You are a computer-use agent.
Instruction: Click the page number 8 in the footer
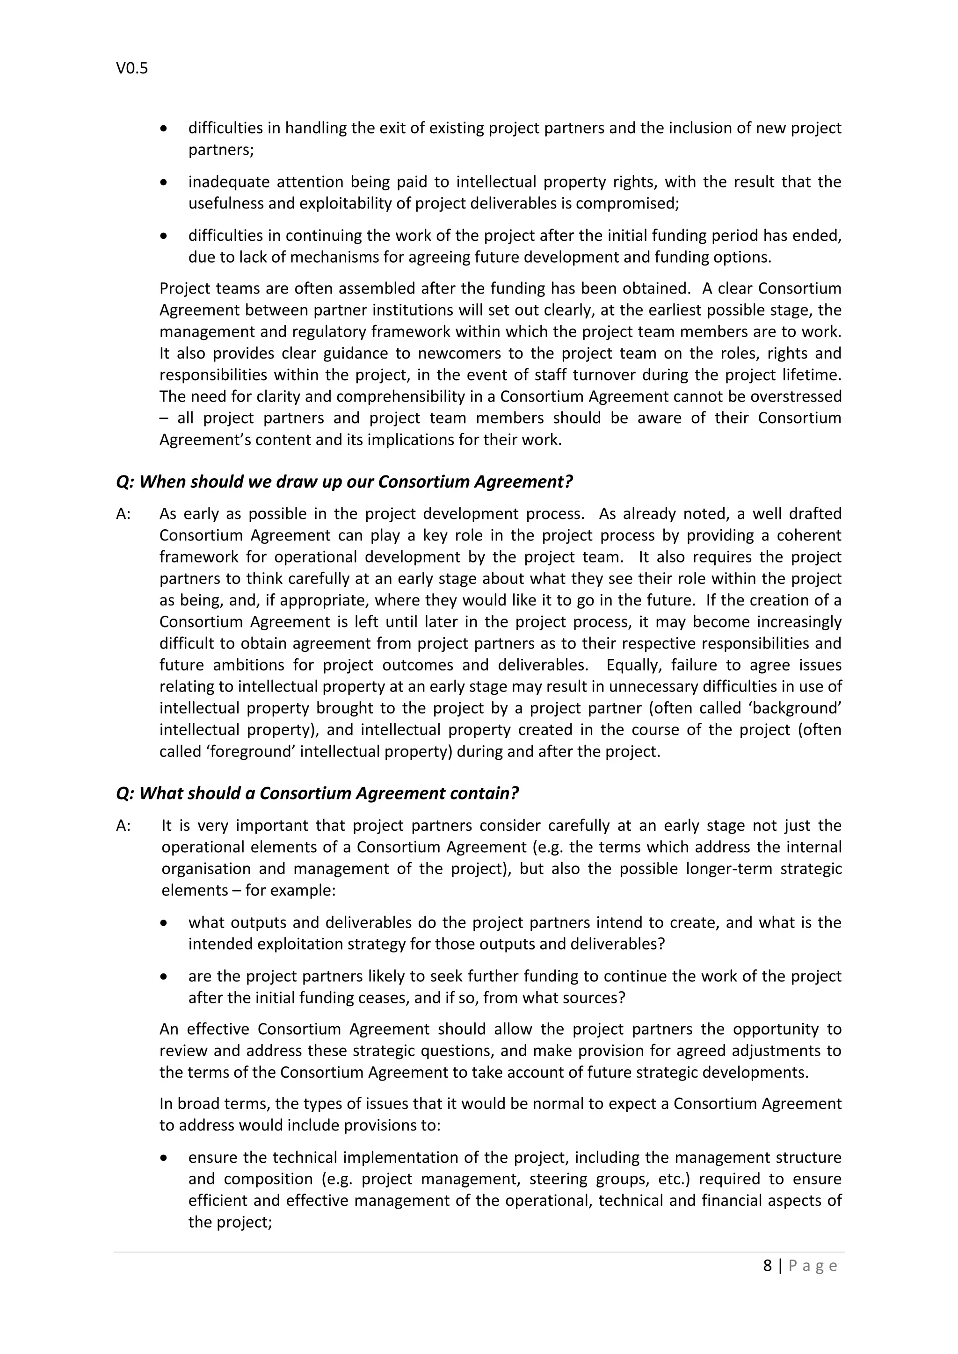(767, 1266)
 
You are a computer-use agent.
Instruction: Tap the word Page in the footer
(813, 1266)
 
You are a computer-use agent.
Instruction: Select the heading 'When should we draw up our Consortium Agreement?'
(344, 482)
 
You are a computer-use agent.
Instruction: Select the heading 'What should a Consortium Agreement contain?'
(317, 793)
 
